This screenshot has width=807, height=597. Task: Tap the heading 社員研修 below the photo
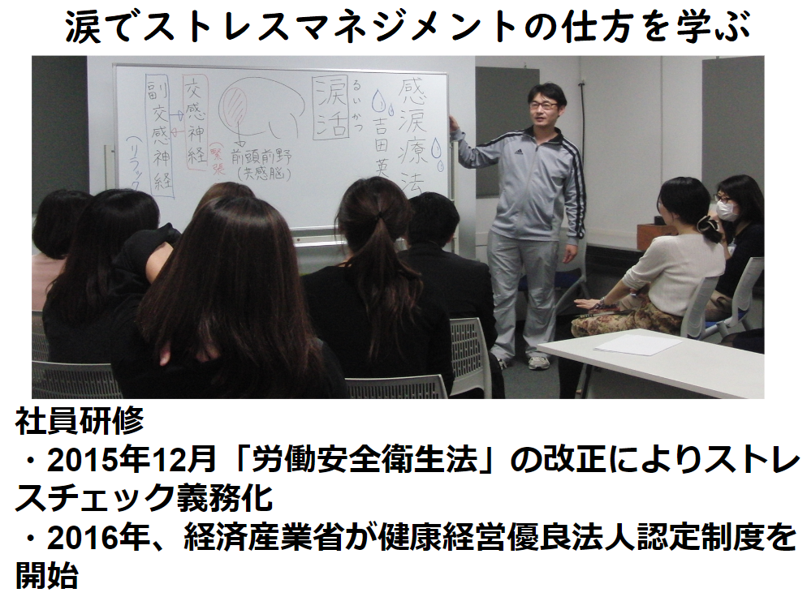click(79, 421)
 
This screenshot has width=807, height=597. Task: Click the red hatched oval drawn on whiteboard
click(237, 106)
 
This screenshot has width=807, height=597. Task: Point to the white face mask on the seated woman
click(727, 211)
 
